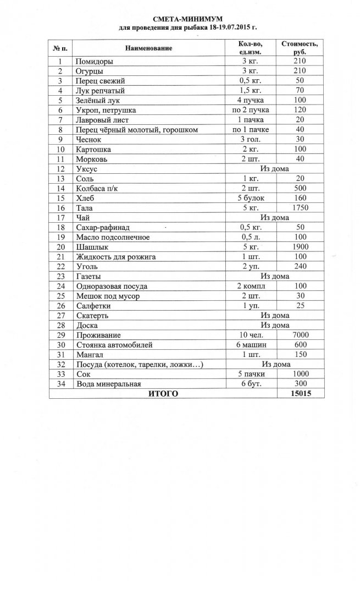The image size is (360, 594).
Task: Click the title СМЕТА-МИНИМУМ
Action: [180, 19]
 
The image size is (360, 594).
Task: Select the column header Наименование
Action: [148, 48]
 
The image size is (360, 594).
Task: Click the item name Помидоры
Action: [94, 62]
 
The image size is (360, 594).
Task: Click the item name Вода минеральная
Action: [109, 384]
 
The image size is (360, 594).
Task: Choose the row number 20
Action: [60, 247]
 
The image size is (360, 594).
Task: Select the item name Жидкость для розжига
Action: [116, 257]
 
